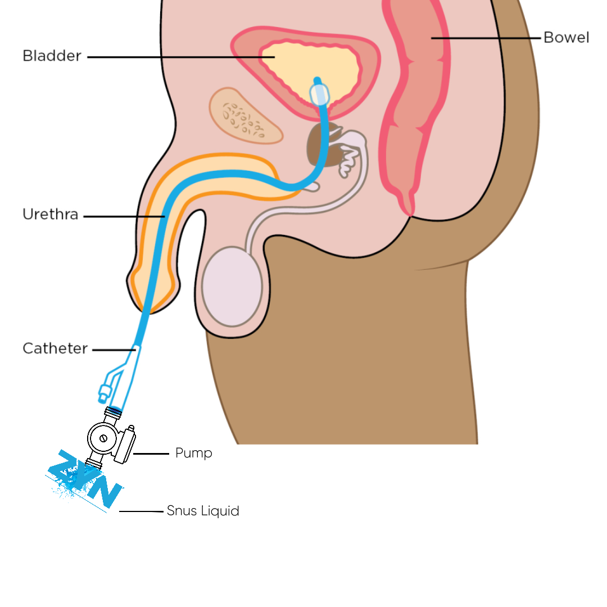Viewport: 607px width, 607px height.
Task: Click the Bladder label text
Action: pyautogui.click(x=52, y=56)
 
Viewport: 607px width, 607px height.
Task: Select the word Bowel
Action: pyautogui.click(x=566, y=38)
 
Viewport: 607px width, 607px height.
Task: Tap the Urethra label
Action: pyautogui.click(x=51, y=215)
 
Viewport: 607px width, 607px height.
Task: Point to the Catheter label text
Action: pyautogui.click(x=55, y=348)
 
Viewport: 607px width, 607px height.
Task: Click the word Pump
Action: pyautogui.click(x=194, y=453)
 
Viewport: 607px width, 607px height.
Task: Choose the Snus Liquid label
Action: pyautogui.click(x=203, y=511)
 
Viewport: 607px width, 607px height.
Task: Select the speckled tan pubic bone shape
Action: pyautogui.click(x=246, y=116)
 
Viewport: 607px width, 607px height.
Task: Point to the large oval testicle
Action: pyautogui.click(x=232, y=286)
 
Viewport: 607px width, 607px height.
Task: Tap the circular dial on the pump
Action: pyautogui.click(x=102, y=437)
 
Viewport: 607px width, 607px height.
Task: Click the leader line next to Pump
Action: pyautogui.click(x=151, y=453)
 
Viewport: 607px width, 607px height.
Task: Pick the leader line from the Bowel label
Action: pyautogui.click(x=486, y=38)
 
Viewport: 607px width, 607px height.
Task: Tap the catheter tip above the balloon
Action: pyautogui.click(x=317, y=80)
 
